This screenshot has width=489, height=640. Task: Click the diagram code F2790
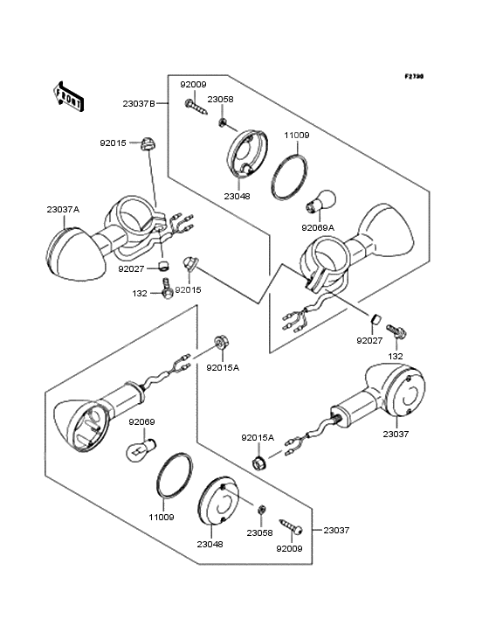[x=414, y=76]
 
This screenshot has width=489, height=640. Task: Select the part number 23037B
[x=139, y=104]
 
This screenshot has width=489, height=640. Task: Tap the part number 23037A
[x=63, y=209]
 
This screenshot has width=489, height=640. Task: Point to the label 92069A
[x=318, y=227]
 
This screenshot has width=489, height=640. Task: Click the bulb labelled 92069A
[x=321, y=201]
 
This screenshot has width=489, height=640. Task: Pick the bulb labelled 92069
[x=141, y=449]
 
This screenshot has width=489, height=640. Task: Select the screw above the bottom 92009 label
[x=291, y=526]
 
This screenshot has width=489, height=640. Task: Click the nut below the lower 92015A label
[x=258, y=463]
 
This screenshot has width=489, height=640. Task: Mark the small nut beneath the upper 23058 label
[x=223, y=122]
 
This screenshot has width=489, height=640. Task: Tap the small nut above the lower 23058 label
[x=263, y=510]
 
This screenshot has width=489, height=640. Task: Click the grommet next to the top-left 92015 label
[x=148, y=144]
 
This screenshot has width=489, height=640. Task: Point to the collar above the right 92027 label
[x=375, y=318]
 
